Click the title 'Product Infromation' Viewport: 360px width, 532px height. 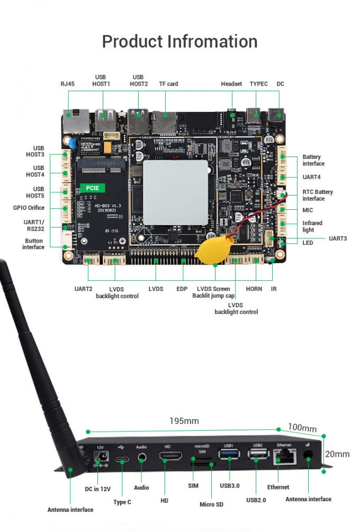coord(179,41)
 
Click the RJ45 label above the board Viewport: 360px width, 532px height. coord(68,84)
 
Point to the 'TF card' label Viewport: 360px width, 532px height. coord(168,84)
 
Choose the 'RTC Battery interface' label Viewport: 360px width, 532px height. coord(317,195)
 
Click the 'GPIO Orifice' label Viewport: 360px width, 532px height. coord(29,208)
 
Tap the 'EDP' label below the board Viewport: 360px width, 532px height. coord(182,289)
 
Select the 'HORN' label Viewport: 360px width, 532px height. coord(254,289)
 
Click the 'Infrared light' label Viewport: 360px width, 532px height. coord(312,226)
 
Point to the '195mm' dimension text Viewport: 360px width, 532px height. coord(184,421)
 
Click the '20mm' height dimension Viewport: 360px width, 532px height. coord(337,454)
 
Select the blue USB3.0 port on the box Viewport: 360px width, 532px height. coord(229,454)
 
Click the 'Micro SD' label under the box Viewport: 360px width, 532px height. coord(211,504)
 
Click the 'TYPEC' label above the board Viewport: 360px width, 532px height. coord(258,84)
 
